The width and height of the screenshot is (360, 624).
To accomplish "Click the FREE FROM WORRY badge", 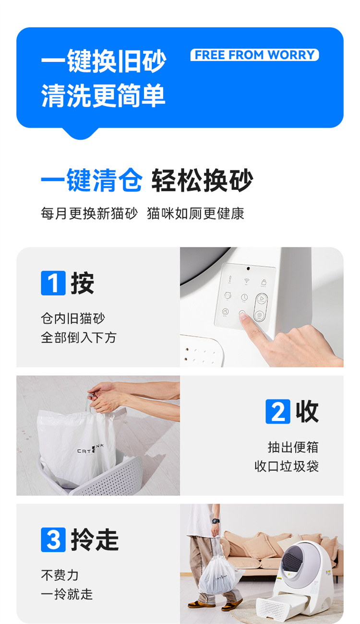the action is (254, 55).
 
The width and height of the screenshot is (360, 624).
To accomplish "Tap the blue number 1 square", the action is (53, 283).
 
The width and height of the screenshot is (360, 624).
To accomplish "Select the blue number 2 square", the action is (278, 411).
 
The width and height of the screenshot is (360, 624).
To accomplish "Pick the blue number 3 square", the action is (53, 540).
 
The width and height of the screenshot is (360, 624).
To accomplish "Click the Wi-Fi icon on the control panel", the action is (246, 281).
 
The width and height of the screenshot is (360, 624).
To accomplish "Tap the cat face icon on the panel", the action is (228, 295).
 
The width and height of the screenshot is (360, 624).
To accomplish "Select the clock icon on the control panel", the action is (244, 297).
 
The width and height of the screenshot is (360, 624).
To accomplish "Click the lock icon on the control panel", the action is (264, 282).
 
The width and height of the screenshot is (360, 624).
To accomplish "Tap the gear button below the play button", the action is (259, 315).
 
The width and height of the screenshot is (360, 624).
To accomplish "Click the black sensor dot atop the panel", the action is (248, 269).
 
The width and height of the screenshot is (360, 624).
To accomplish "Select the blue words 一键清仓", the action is (92, 180).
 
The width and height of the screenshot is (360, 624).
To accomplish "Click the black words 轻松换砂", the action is (202, 180).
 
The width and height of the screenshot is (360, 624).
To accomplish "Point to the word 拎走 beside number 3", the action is (95, 540).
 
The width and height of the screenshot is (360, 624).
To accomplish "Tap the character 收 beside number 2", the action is (307, 412).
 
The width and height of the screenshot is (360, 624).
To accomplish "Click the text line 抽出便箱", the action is (293, 447).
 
